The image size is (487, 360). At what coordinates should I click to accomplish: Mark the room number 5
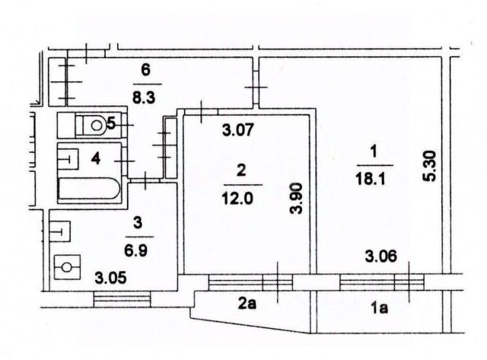111,122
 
